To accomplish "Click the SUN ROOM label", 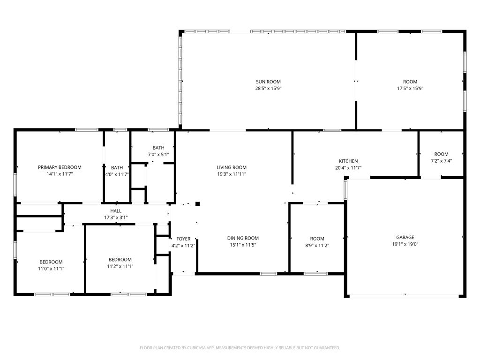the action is (268, 82).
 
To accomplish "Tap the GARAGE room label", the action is (405, 237).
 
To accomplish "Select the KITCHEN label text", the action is (348, 161).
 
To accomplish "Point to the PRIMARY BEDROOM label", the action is (60, 167).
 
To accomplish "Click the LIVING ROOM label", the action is (232, 167).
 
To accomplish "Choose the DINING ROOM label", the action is (243, 238).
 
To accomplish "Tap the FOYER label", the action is (183, 239).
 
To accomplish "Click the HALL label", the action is (116, 211).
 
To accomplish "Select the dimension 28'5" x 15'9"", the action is (268, 89).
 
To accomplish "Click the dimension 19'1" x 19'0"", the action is (405, 244).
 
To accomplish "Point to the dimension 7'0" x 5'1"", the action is (158, 155).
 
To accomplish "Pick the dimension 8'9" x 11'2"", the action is (317, 245).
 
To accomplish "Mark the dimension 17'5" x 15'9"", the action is (410, 89).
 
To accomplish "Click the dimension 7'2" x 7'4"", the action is (441, 161).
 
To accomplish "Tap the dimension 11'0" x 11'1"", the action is (51, 269).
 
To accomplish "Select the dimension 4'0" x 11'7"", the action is (117, 174).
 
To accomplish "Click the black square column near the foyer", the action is (198, 204).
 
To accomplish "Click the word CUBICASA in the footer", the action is (200, 348).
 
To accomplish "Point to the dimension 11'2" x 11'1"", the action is (120, 266).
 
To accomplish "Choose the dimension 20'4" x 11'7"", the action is (348, 168).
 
